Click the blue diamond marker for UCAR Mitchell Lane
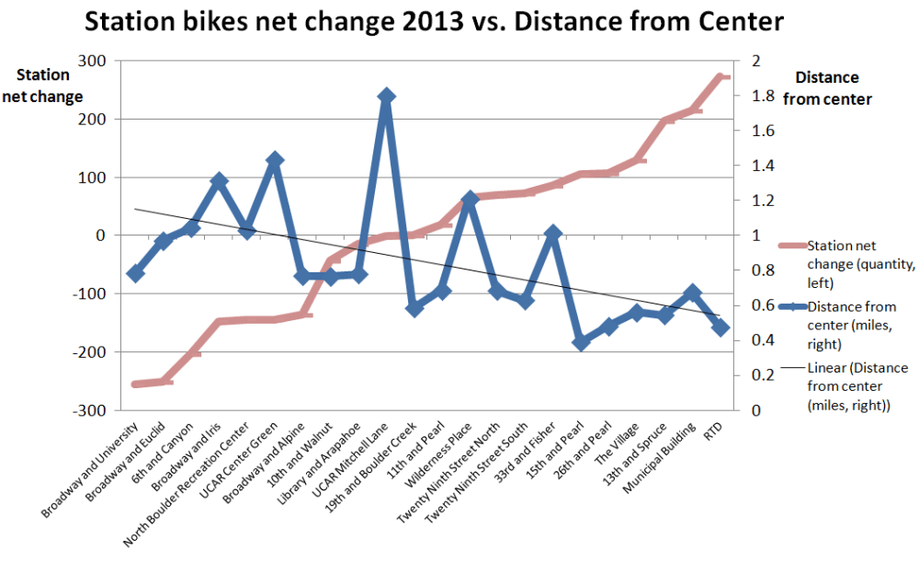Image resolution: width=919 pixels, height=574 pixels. click(386, 96)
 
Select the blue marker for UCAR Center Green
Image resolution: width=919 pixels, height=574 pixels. click(274, 160)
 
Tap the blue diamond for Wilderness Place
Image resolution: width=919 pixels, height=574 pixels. click(470, 200)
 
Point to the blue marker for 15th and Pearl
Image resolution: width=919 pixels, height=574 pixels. click(581, 342)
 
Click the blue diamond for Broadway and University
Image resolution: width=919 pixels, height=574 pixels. click(136, 273)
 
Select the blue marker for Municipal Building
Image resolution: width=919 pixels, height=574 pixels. click(693, 293)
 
